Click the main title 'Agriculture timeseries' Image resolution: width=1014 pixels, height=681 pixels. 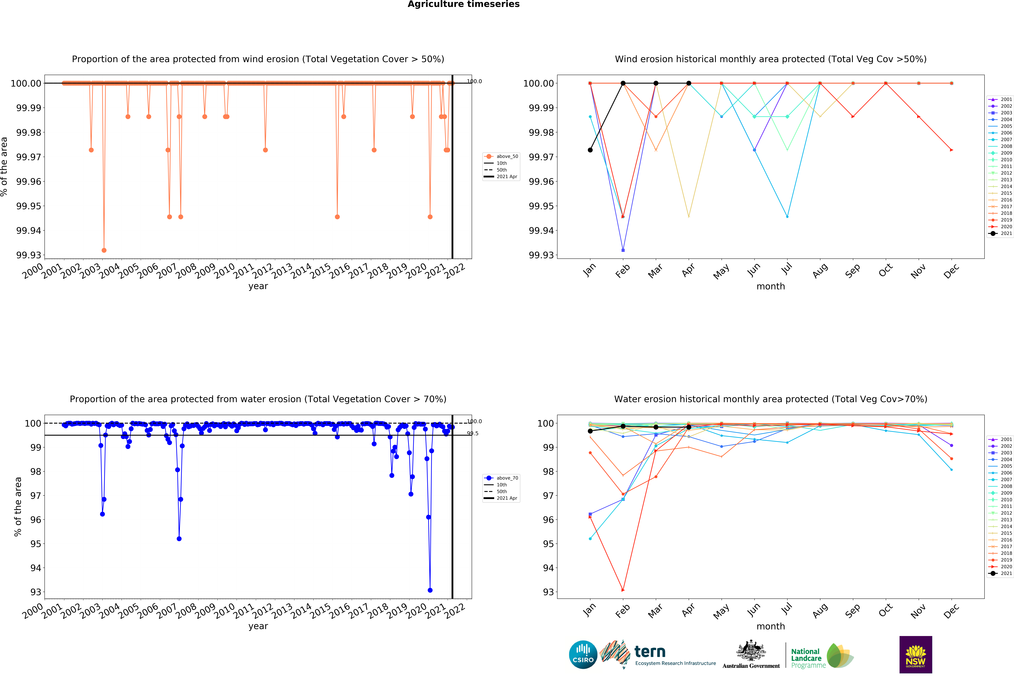tap(463, 4)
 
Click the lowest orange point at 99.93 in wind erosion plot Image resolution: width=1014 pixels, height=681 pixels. tap(104, 250)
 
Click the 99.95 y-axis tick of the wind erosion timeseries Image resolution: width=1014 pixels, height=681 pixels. tap(29, 206)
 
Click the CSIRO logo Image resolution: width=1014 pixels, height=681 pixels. tap(583, 654)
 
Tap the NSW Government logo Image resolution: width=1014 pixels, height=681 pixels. tap(915, 654)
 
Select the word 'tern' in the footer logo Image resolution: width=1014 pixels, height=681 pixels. tap(650, 652)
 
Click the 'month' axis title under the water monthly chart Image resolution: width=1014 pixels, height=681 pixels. tap(771, 626)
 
